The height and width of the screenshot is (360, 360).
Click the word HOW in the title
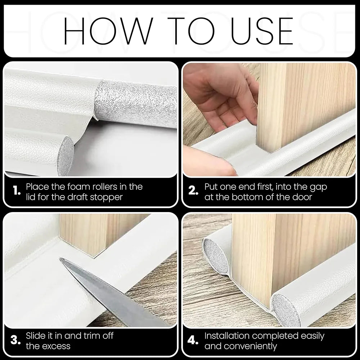[108, 31]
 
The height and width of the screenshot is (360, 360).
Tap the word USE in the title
[262, 31]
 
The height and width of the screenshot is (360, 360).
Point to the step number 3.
[15, 340]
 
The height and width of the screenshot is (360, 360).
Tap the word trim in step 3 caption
[92, 336]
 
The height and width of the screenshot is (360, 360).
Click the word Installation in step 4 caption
[226, 336]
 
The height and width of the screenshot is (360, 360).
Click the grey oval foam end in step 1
[66, 155]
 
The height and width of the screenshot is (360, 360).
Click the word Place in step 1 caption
[37, 186]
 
